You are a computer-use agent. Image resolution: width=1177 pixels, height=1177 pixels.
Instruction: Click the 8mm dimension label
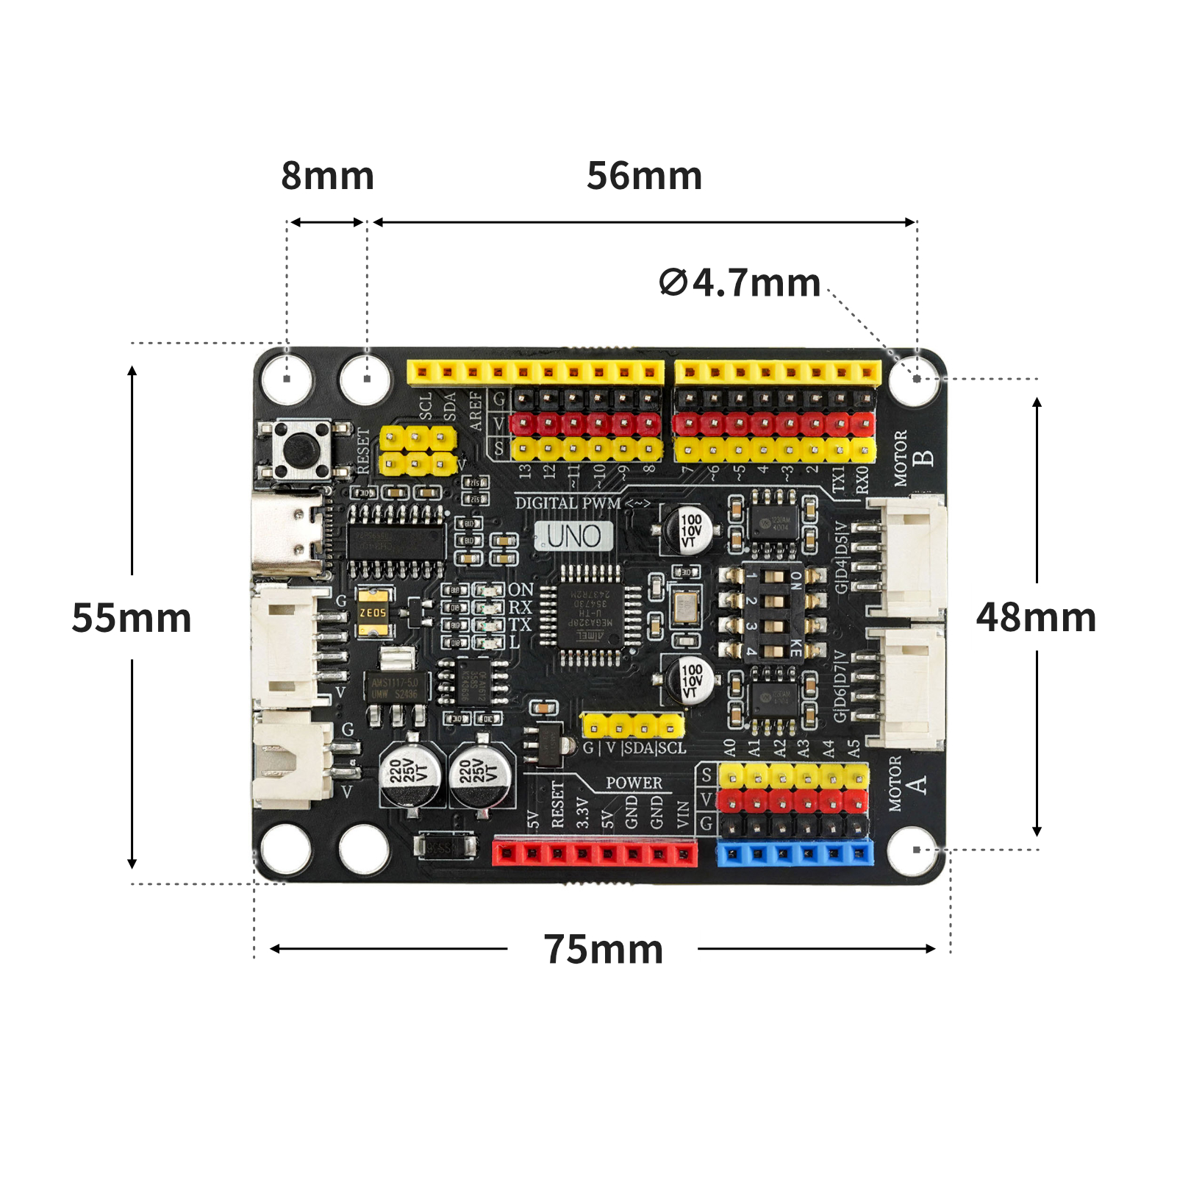click(x=328, y=177)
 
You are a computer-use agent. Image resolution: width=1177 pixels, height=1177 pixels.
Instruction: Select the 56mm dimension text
click(x=644, y=177)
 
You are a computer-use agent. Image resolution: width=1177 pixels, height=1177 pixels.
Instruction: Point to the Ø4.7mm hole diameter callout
click(x=740, y=283)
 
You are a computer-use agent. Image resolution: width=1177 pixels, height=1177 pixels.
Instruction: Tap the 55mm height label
click(x=132, y=618)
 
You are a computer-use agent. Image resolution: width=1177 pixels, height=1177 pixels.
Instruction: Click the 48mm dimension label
click(x=1036, y=618)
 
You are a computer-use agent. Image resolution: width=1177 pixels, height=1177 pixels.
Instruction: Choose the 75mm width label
click(x=604, y=949)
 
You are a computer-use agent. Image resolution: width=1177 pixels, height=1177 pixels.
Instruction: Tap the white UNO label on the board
click(x=573, y=536)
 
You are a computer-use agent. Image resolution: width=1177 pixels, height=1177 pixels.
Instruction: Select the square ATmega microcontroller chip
click(x=590, y=616)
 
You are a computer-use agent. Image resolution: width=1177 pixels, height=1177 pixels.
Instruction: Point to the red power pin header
click(x=595, y=854)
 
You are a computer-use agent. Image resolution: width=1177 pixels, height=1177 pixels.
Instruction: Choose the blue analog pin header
click(x=795, y=854)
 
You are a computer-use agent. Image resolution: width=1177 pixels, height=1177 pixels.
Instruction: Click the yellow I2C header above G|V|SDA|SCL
click(x=632, y=727)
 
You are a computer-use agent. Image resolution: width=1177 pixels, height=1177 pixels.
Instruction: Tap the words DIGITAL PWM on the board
click(x=568, y=503)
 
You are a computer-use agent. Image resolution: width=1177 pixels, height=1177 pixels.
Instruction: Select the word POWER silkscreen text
click(x=634, y=783)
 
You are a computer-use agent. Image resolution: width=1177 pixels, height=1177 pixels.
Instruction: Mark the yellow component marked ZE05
click(x=373, y=612)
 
